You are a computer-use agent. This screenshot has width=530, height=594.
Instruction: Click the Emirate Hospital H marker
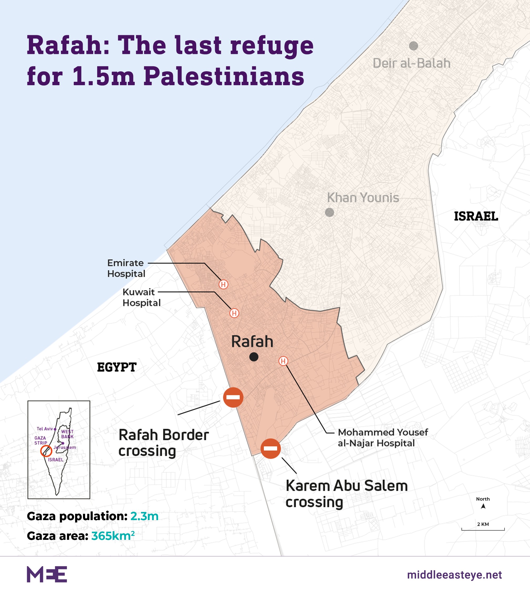[x=223, y=284]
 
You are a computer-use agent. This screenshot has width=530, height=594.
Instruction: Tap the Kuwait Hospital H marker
[x=234, y=313]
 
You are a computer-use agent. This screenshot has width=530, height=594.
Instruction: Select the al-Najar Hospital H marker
[x=283, y=361]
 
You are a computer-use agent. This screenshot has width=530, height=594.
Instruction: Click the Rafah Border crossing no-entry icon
[x=233, y=397]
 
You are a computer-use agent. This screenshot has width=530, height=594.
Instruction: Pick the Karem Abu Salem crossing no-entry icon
[x=271, y=449]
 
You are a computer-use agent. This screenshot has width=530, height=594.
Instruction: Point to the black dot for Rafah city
[x=254, y=357]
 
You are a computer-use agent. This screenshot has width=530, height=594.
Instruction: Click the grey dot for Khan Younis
[x=329, y=212]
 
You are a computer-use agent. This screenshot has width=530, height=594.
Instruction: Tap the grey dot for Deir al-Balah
[x=413, y=46]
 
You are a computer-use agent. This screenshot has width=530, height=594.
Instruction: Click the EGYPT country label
[x=117, y=367]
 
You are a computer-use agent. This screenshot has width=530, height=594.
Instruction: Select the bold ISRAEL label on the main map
[x=476, y=216]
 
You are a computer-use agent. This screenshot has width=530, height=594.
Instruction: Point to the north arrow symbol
[x=483, y=506]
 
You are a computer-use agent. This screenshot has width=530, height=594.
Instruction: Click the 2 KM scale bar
[x=483, y=529]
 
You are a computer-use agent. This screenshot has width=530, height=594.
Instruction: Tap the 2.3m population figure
[x=144, y=516]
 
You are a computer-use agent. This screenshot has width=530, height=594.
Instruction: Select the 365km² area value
[x=113, y=536]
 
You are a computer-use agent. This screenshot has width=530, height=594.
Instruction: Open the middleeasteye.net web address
[x=454, y=575]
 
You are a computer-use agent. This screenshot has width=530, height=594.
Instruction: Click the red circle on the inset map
[x=46, y=451]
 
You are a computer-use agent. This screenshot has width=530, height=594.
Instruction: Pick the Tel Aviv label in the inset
[x=45, y=429]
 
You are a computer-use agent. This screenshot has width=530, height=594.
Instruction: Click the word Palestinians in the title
[x=224, y=77]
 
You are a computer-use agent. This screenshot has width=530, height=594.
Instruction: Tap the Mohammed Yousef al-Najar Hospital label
[x=383, y=437]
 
